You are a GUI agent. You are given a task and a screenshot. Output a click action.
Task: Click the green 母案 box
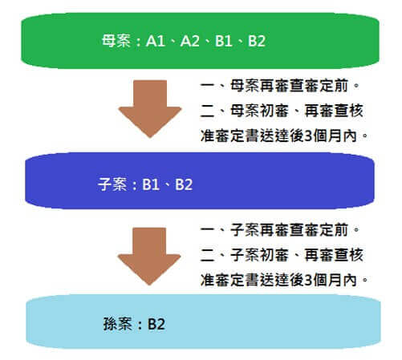click(200, 41)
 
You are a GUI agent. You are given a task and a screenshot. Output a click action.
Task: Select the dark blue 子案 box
click(200, 180)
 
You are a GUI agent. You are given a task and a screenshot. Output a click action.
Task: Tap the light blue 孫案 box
click(203, 322)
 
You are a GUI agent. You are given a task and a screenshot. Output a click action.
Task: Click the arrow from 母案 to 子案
click(150, 109)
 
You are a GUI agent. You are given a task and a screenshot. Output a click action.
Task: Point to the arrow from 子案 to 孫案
click(149, 257)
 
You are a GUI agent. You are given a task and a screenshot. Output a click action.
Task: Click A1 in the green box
click(155, 41)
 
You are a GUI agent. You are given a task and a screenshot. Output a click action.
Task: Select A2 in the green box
click(190, 41)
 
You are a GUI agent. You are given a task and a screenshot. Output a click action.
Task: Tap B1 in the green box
click(224, 41)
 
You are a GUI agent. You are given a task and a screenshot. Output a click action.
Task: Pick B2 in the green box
click(257, 41)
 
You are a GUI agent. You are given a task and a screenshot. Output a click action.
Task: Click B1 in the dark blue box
click(151, 184)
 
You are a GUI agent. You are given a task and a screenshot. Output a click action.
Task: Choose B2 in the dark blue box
click(184, 184)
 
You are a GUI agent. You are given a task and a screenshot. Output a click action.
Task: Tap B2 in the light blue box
click(156, 324)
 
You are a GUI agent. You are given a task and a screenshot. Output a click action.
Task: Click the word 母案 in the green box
click(116, 41)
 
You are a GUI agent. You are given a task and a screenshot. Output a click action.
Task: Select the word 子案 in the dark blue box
click(112, 184)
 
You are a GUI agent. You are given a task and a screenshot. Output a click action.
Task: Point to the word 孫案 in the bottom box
click(118, 324)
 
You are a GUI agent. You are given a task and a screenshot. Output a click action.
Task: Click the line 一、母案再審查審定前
click(280, 86)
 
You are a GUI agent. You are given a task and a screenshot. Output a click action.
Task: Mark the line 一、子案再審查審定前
click(280, 230)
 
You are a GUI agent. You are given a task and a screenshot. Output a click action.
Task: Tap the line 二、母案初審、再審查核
click(282, 111)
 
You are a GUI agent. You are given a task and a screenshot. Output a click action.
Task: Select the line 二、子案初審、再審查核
click(282, 255)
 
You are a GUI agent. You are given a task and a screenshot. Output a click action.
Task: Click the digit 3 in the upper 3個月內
click(308, 136)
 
